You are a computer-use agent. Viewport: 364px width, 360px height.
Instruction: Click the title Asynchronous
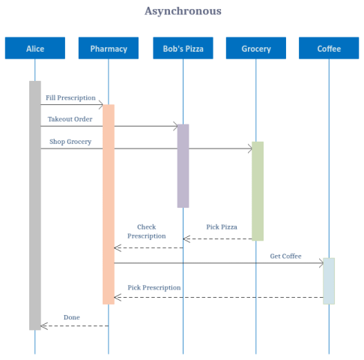[183, 11]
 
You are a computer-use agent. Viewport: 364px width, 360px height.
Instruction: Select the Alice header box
[35, 49]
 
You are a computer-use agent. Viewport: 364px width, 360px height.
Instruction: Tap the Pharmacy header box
[109, 49]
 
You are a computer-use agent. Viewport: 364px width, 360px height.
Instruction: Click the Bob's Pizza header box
[183, 49]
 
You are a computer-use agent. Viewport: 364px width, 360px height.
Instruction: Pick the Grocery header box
[256, 49]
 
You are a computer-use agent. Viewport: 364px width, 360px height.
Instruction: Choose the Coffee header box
[329, 49]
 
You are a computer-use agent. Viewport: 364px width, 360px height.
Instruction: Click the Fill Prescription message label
[70, 97]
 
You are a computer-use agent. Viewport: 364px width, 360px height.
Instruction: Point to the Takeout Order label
[70, 118]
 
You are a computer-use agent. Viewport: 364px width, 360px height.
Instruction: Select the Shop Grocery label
[70, 141]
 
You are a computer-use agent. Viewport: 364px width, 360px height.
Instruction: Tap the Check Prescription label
[147, 231]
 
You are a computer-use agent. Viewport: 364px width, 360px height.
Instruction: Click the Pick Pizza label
[222, 226]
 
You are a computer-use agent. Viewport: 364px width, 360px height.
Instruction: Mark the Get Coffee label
[286, 256]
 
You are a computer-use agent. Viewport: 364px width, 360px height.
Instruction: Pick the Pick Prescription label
[154, 288]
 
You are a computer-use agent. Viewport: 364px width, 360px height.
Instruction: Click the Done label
[71, 317]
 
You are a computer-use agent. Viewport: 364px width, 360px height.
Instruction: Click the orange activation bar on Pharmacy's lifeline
[109, 204]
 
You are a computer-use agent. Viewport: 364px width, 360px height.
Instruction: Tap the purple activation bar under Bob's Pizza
[183, 166]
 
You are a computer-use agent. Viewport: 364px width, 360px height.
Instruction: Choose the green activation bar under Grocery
[258, 190]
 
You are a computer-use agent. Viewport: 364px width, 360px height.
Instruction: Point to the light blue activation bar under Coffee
[329, 280]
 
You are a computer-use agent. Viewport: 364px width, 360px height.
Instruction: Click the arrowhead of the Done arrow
[43, 325]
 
